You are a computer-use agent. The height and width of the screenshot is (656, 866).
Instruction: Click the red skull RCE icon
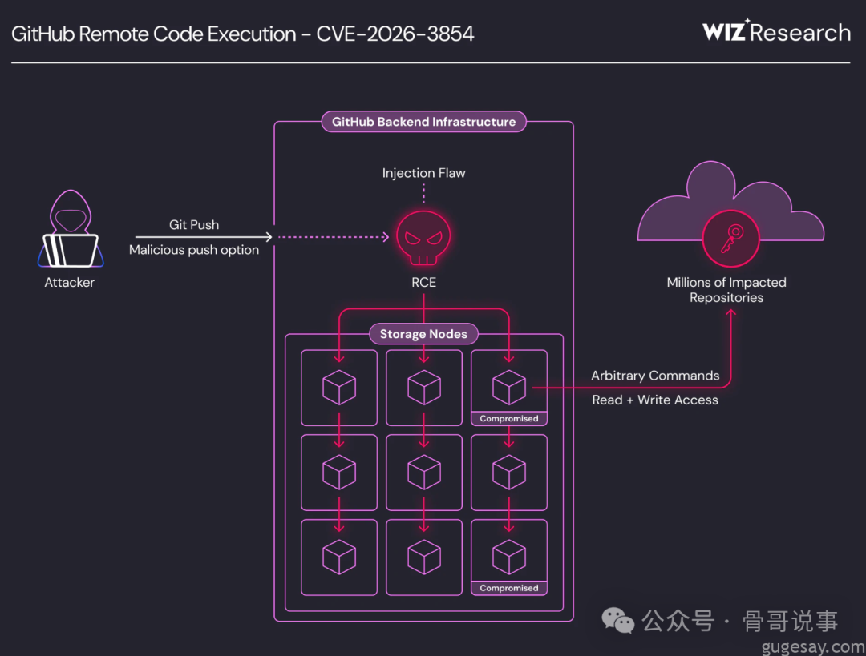tap(423, 238)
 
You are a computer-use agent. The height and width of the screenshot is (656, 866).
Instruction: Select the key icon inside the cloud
tap(730, 238)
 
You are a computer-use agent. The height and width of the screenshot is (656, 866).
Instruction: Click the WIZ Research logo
tap(775, 32)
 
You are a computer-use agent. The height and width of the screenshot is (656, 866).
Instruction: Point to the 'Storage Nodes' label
tap(423, 334)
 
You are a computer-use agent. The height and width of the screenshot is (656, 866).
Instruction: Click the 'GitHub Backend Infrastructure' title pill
tap(423, 122)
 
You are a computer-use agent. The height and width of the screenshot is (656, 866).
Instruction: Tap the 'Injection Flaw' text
tap(423, 173)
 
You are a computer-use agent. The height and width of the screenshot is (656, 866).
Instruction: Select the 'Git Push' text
tap(194, 225)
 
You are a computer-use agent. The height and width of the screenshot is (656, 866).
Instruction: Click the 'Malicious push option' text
tap(194, 250)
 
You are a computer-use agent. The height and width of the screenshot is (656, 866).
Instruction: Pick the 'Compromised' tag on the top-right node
tap(508, 418)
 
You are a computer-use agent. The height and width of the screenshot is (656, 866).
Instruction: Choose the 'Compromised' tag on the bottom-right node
tap(508, 588)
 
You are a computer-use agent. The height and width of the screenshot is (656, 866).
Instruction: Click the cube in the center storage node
tap(423, 473)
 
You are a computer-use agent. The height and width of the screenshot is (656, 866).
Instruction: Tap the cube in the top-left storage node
tap(338, 388)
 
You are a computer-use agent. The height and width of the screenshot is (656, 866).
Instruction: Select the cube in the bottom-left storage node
tap(338, 557)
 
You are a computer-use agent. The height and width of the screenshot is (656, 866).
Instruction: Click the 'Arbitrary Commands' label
tap(655, 376)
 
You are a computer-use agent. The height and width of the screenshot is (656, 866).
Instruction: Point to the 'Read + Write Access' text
tap(655, 400)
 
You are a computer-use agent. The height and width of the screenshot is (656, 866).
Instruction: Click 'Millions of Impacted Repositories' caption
tap(726, 290)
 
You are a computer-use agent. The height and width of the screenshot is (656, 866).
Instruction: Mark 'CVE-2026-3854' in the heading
tap(395, 34)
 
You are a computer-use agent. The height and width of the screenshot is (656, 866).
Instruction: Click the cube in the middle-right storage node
tap(508, 473)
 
